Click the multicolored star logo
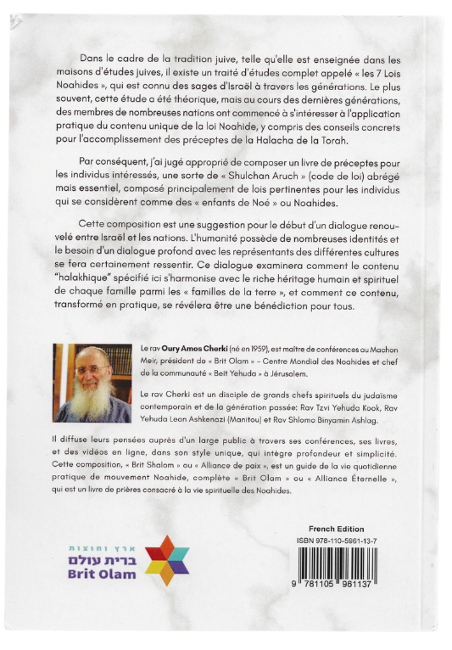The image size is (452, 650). coord(167,560)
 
